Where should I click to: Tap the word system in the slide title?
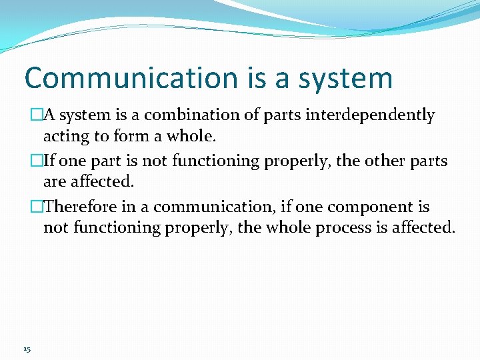[345, 79]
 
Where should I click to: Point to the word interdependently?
[371, 115]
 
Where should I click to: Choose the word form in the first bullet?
[127, 137]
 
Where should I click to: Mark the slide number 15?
[26, 349]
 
